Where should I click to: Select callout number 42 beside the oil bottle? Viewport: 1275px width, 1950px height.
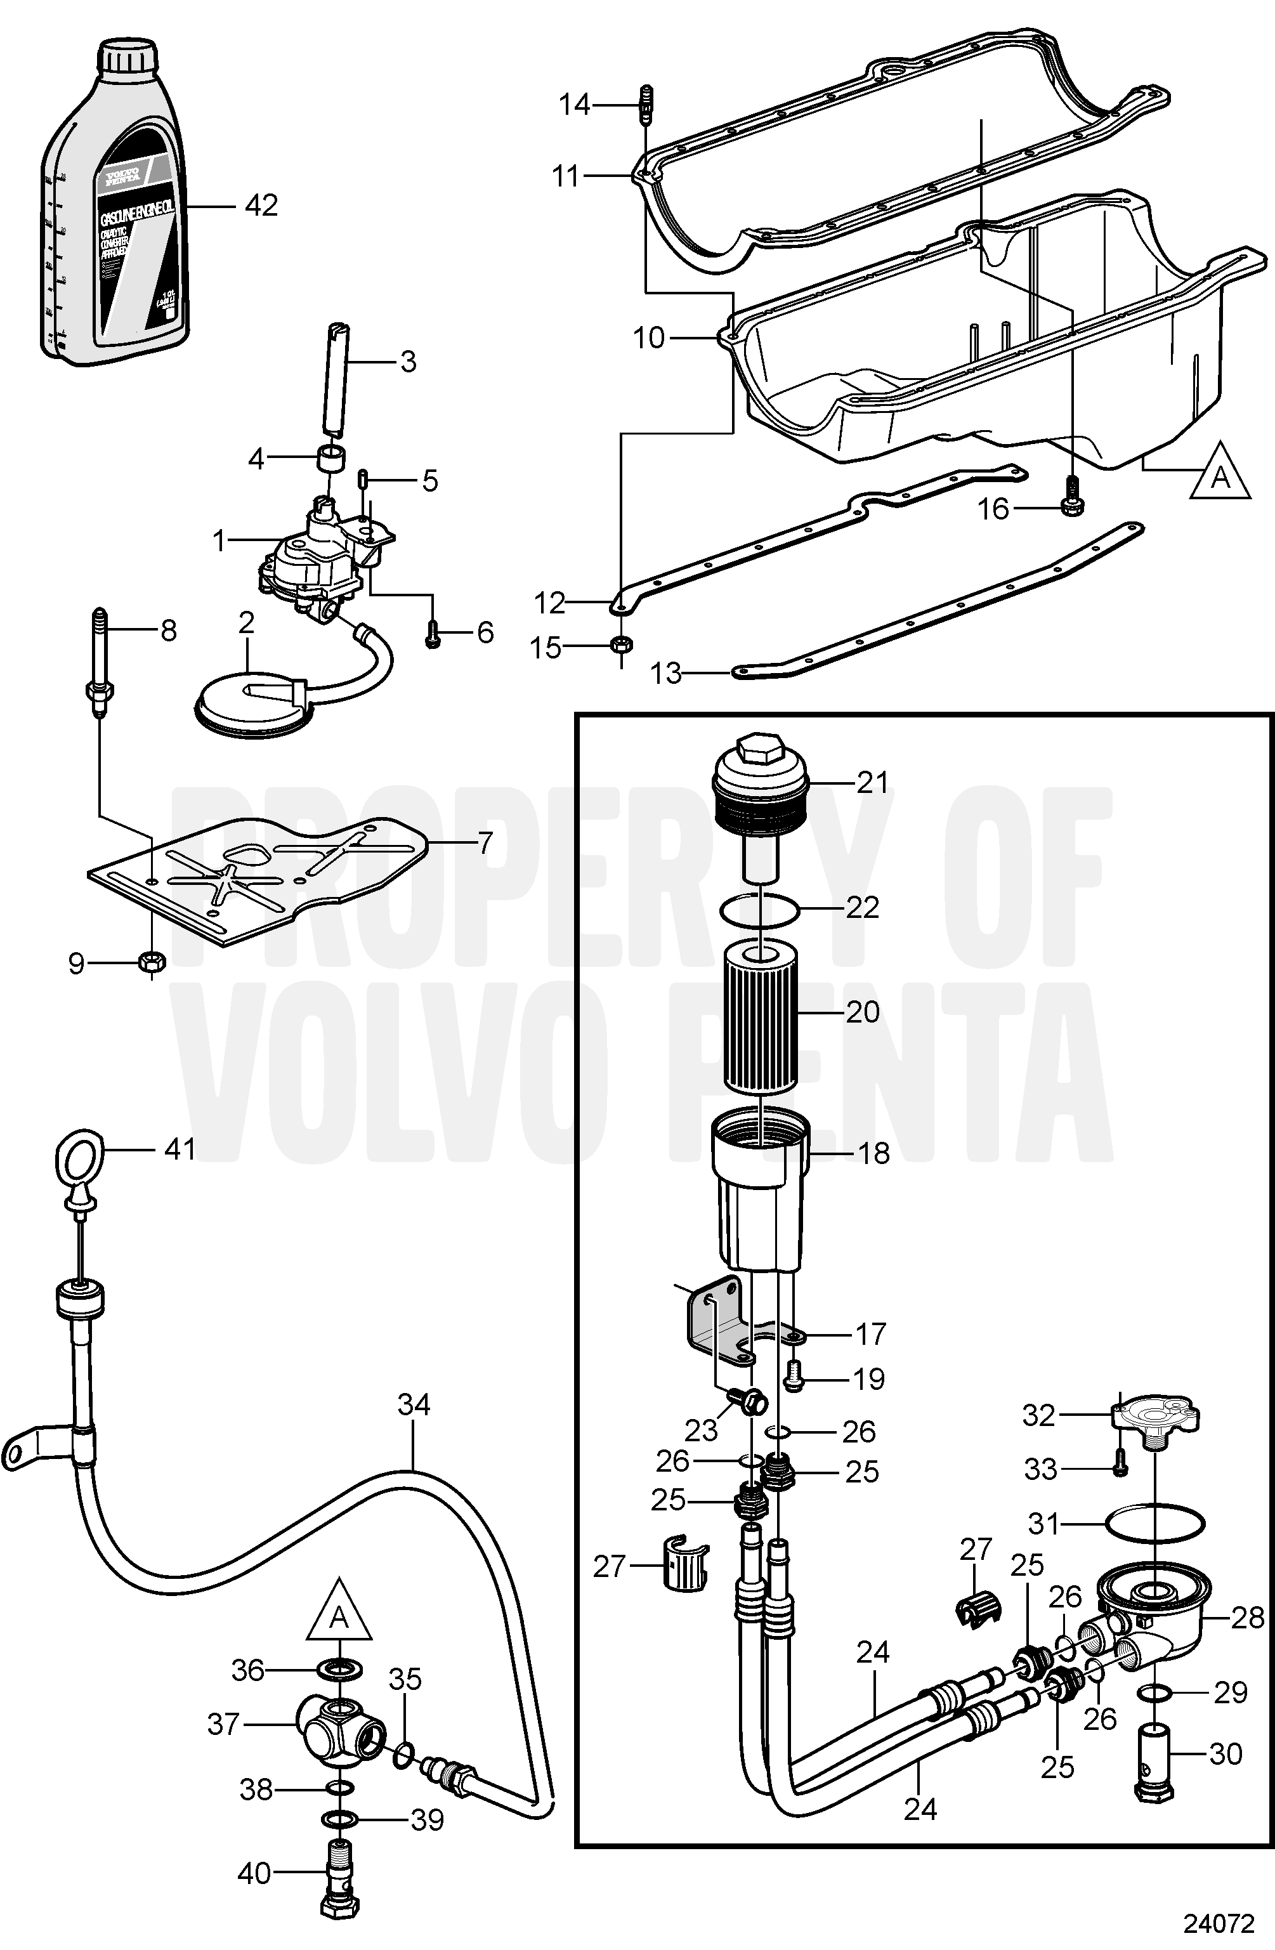[261, 206]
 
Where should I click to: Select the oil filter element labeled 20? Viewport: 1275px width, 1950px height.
[761, 1020]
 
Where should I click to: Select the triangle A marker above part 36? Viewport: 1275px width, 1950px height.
[339, 1613]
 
